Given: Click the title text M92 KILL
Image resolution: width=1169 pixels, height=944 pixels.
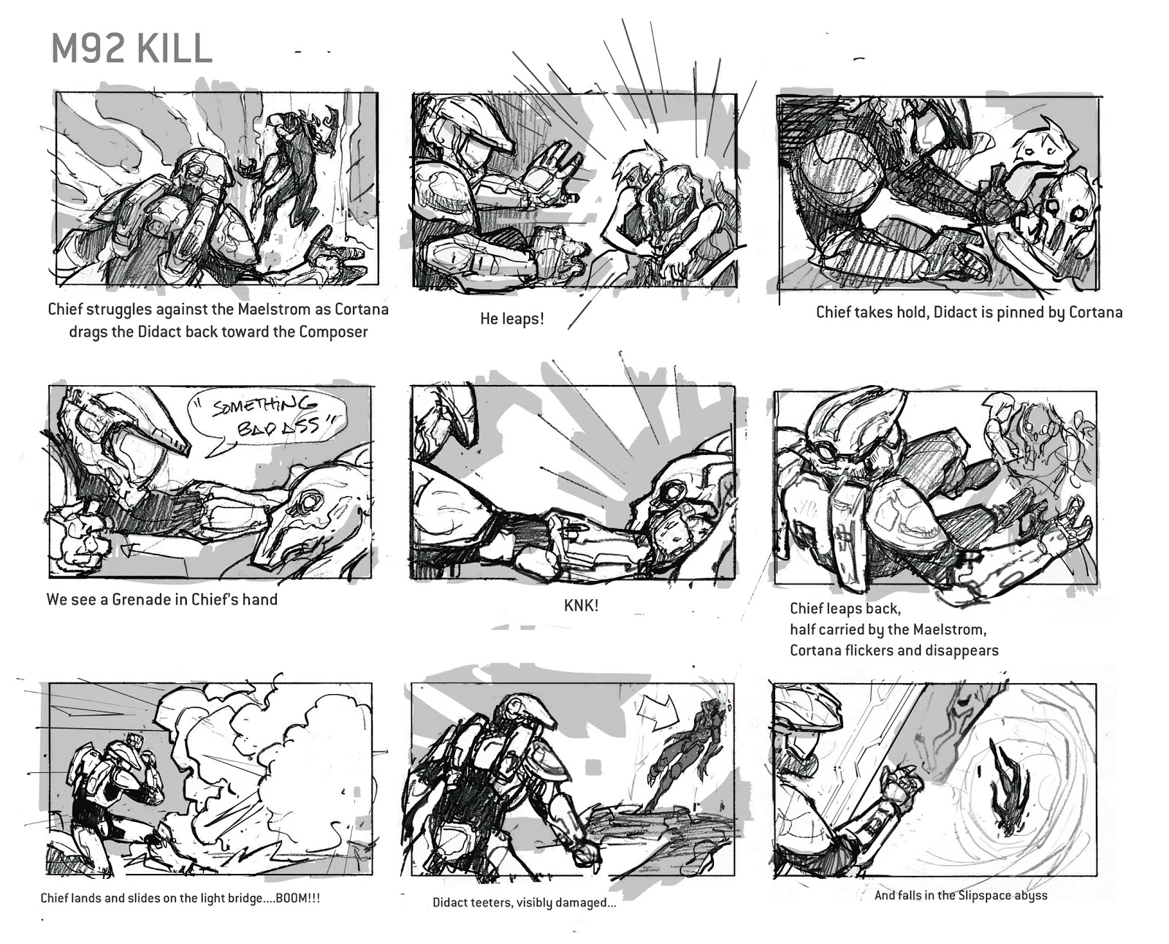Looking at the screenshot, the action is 132,50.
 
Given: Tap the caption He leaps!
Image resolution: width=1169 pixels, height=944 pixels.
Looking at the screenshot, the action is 511,319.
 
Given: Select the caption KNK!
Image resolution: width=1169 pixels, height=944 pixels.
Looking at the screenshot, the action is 581,606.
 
